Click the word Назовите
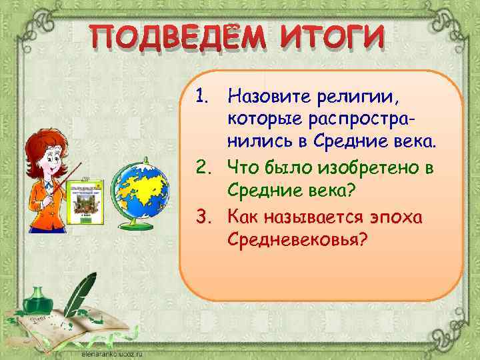coord(269,97)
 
